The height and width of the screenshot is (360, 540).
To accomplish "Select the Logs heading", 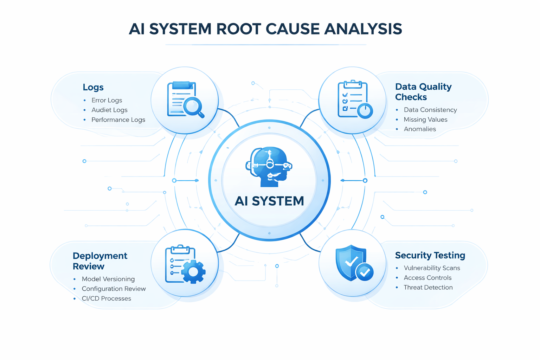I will pyautogui.click(x=93, y=87).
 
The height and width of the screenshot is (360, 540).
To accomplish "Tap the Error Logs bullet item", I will pyautogui.click(x=107, y=100).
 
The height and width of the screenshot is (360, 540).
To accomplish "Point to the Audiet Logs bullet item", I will pyautogui.click(x=109, y=110).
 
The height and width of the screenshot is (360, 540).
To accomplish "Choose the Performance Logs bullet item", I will pyautogui.click(x=118, y=120).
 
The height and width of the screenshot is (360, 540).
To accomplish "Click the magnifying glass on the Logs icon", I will pyautogui.click(x=193, y=106).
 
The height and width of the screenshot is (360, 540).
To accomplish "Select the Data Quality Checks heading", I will pyautogui.click(x=423, y=92).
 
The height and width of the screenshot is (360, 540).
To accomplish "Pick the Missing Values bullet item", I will pyautogui.click(x=425, y=120).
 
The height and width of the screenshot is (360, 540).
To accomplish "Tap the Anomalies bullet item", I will pyautogui.click(x=420, y=129).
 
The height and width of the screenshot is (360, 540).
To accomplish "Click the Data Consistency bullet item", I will pyautogui.click(x=430, y=110).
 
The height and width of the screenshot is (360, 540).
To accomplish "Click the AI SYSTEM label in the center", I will pyautogui.click(x=269, y=201).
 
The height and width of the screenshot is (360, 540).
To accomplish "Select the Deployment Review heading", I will pyautogui.click(x=100, y=261).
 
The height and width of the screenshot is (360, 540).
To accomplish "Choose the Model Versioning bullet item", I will pyautogui.click(x=108, y=279).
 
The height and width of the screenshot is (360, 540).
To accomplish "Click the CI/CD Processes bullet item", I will pyautogui.click(x=106, y=298).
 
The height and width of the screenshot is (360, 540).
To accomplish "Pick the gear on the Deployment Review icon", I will pyautogui.click(x=193, y=271).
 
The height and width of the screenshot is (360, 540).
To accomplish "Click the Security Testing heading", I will pyautogui.click(x=430, y=255).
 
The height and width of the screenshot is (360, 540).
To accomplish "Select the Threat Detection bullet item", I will pyautogui.click(x=428, y=287).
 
